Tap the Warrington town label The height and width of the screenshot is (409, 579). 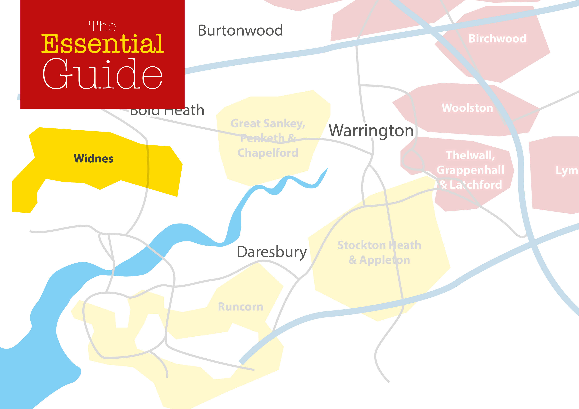pyautogui.click(x=371, y=131)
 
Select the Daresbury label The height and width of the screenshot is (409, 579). pyautogui.click(x=272, y=252)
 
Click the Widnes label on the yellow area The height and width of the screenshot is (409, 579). pyautogui.click(x=94, y=159)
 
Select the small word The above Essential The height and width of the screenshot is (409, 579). pyautogui.click(x=102, y=26)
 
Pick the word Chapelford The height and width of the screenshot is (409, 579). pyautogui.click(x=268, y=153)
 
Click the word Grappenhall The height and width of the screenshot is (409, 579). pyautogui.click(x=470, y=170)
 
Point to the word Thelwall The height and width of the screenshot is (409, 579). pyautogui.click(x=470, y=155)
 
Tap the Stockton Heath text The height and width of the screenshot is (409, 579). pyautogui.click(x=379, y=245)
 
